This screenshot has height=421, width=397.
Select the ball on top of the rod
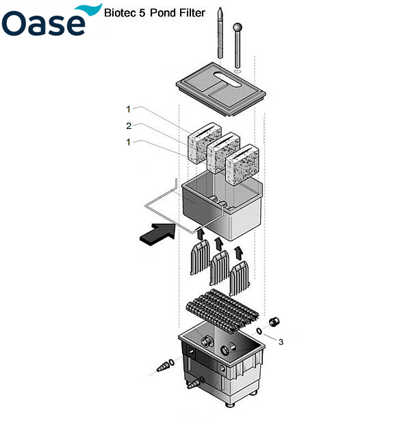coord(238,28)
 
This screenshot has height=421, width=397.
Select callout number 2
coord(127,125)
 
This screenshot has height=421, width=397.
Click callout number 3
coord(281,341)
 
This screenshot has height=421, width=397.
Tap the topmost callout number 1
coord(127,108)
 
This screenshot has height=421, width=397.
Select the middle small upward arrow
coord(218,243)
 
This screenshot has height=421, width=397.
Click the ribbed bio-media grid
coord(220,312)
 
